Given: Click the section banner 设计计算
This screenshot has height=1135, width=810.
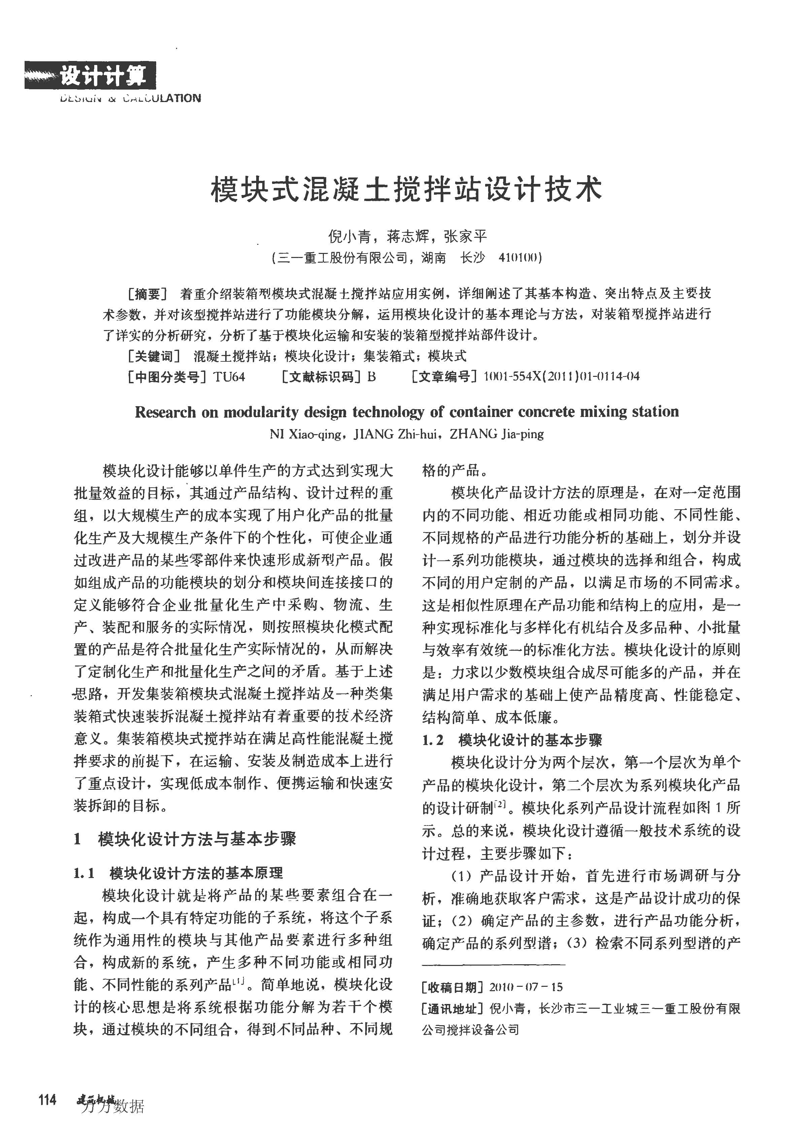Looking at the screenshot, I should tap(102, 76).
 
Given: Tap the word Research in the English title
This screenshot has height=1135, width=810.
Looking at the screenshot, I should tap(165, 412).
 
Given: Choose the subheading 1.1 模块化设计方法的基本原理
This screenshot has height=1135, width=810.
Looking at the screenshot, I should tap(178, 873).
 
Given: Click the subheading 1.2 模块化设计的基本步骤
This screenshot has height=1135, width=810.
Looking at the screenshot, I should tap(512, 740).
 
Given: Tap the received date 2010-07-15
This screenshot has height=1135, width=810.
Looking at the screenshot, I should tap(526, 987).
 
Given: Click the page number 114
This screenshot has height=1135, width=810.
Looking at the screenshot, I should tap(47, 1100).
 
